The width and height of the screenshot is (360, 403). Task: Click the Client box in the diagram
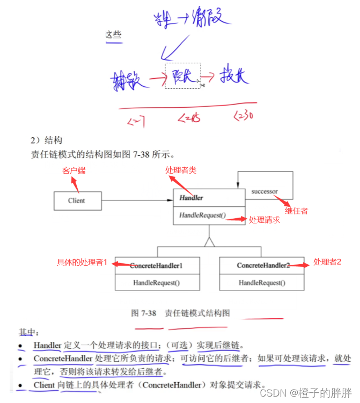pos(77,201)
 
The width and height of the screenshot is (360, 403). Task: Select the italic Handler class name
pos(191,198)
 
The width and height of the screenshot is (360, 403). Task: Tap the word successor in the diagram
pos(265,191)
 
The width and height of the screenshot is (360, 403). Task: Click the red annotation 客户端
pos(74,170)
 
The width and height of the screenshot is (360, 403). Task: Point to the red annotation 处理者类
pos(181,170)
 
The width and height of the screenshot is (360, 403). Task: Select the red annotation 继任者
pos(296,211)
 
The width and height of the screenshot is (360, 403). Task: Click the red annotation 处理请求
pos(265,220)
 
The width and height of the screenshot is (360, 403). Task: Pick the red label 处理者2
pos(327,262)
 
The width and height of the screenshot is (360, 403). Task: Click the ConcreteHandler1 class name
pos(157,266)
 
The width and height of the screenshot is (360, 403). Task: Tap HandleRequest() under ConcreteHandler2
pos(262,283)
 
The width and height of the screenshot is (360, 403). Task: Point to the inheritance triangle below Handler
pos(209,242)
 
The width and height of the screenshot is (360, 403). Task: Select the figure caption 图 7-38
pos(143,312)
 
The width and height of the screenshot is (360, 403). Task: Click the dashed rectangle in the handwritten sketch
pos(183,76)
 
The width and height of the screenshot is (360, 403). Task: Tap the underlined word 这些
pos(113,35)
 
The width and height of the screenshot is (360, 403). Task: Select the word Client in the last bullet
pos(44,384)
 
